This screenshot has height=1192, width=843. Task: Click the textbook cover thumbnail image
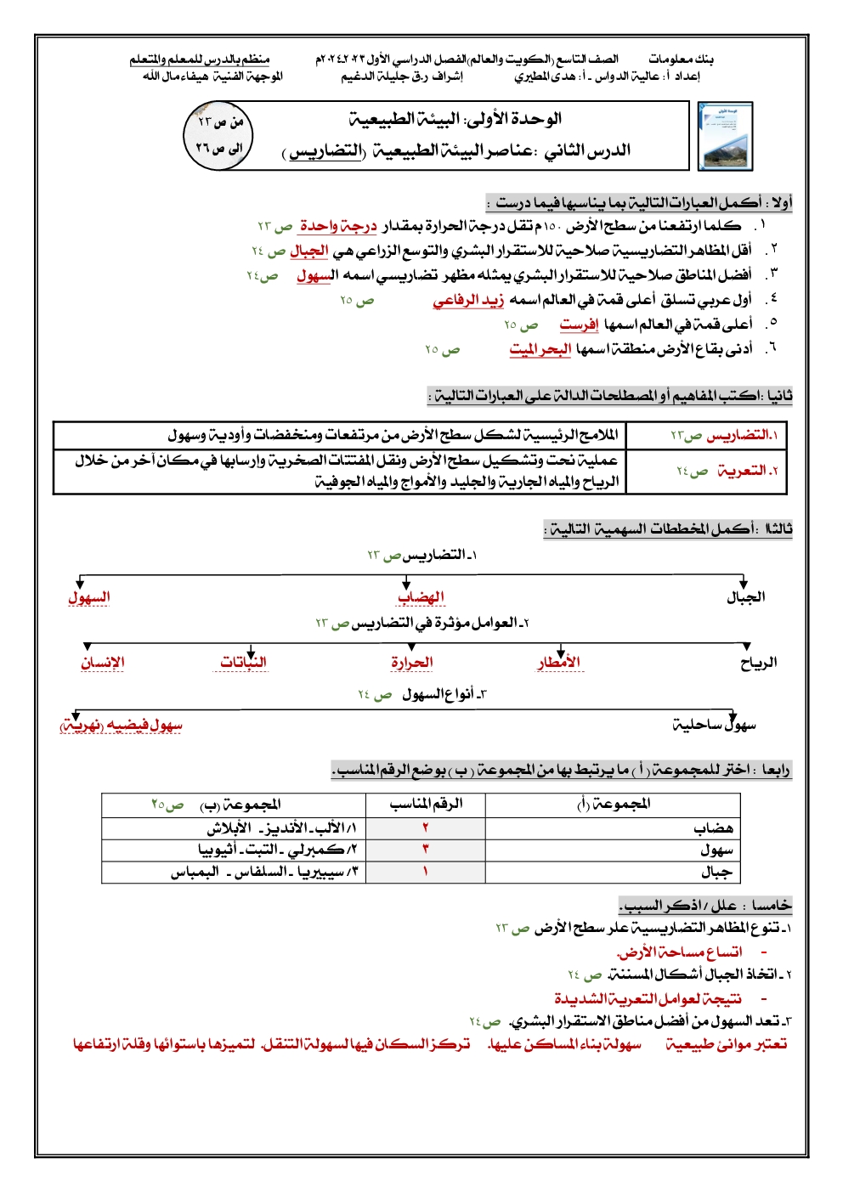(x=725, y=136)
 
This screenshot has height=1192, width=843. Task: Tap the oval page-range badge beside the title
(x=219, y=135)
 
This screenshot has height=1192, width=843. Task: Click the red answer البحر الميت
(x=540, y=349)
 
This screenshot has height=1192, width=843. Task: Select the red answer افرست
(x=579, y=325)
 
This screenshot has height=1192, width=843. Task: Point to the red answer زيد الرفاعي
(x=468, y=300)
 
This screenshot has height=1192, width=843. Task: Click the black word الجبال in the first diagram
(x=745, y=597)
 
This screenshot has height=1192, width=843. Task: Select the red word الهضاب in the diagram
(x=421, y=597)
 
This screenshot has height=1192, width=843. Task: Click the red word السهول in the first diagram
(x=89, y=597)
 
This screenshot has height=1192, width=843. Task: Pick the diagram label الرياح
(x=758, y=663)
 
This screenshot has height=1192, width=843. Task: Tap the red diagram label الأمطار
(x=559, y=663)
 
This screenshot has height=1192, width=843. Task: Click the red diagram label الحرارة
(x=411, y=663)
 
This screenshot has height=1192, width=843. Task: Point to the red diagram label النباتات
(x=243, y=662)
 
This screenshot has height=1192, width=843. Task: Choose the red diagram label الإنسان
(x=103, y=663)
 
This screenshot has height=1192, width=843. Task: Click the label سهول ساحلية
(x=714, y=725)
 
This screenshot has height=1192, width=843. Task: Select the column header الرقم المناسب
(x=426, y=804)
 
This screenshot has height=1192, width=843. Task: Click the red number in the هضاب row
(x=425, y=828)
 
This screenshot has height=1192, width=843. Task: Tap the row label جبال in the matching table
(x=716, y=872)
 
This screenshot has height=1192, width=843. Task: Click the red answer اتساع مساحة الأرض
(x=679, y=952)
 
